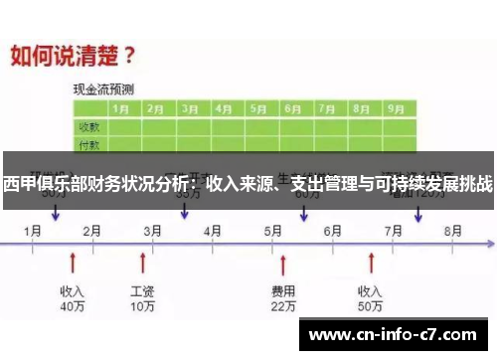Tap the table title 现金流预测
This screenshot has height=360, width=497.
(x=103, y=89)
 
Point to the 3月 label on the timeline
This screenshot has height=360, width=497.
(x=153, y=231)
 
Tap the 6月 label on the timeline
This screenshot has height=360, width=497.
(x=333, y=231)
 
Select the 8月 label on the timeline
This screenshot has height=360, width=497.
(x=452, y=231)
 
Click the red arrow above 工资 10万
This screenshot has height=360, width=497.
(x=143, y=263)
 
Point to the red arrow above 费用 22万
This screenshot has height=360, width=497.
(x=283, y=263)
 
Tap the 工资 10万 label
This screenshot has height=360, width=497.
(x=143, y=299)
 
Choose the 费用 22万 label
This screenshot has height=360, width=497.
(x=283, y=299)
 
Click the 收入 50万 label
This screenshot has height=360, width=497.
(x=370, y=299)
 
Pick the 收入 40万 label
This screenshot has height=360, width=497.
(x=72, y=299)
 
